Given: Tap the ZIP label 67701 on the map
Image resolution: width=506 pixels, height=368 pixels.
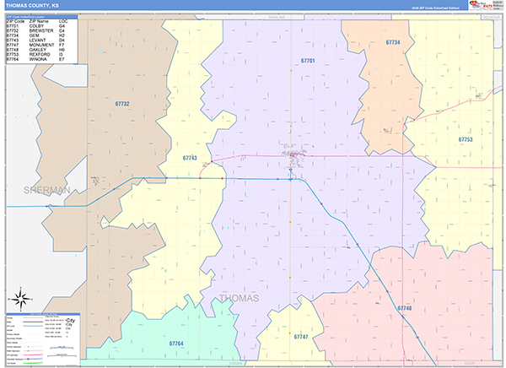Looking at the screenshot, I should pyautogui.click(x=308, y=61).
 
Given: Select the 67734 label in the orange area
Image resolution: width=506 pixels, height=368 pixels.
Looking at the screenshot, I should pyautogui.click(x=393, y=42).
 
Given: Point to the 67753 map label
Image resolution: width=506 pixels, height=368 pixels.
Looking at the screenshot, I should pyautogui.click(x=466, y=139).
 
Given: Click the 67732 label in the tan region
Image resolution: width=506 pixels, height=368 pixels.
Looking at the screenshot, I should pyautogui.click(x=122, y=103).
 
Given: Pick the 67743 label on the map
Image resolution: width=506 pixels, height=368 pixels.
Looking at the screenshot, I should pyautogui.click(x=190, y=158).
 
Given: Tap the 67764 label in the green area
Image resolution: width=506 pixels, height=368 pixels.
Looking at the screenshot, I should pyautogui.click(x=176, y=344).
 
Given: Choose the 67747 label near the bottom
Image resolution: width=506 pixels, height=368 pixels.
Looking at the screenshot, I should pyautogui.click(x=302, y=337).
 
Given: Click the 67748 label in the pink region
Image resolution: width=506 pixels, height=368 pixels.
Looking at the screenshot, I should pyautogui.click(x=405, y=309).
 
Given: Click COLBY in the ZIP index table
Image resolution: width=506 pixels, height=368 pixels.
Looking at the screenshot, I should pyautogui.click(x=36, y=26).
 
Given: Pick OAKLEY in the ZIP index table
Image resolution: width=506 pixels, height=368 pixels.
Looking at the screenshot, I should pyautogui.click(x=38, y=50).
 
